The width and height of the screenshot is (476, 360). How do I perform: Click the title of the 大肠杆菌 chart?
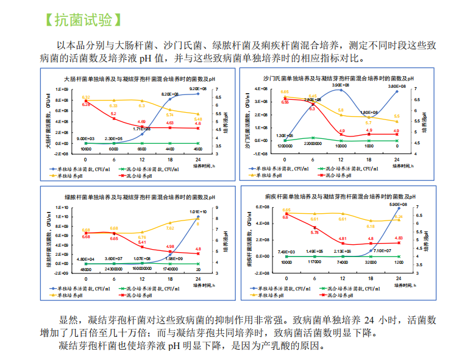coord(139,79)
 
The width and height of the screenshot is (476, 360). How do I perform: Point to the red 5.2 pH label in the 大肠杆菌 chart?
coord(113,114)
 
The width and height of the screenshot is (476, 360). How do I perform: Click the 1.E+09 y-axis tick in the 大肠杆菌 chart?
coord(61,89)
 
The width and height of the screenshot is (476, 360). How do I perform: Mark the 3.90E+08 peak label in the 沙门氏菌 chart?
coord(341,85)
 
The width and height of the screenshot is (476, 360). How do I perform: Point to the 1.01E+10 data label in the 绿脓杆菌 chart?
coord(197,211)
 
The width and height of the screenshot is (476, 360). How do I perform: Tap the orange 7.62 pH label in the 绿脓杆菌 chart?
coord(170,228)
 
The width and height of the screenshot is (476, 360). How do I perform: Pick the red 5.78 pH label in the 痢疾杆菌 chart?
coord(314,232)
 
